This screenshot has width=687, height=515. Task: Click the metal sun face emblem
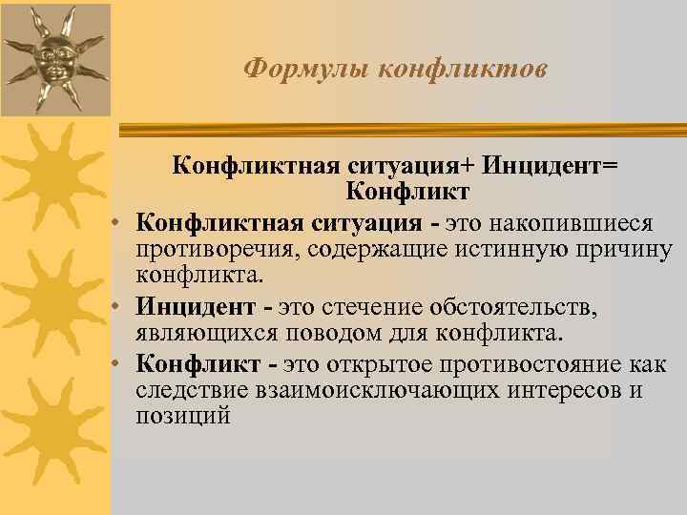(52, 57)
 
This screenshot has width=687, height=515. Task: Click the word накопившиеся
(572, 223)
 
